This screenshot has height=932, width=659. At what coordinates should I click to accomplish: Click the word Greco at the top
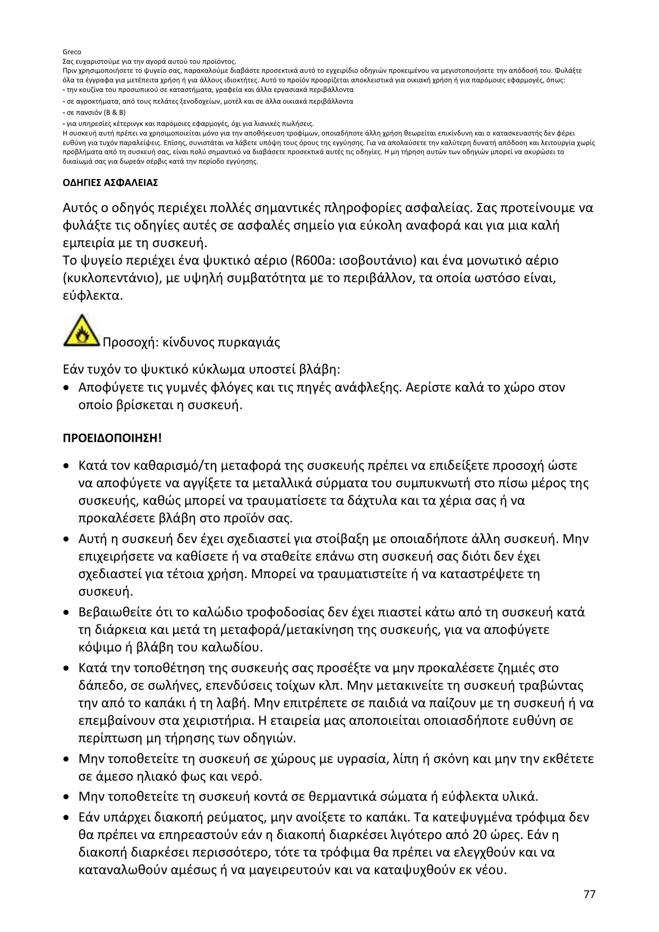[72, 52]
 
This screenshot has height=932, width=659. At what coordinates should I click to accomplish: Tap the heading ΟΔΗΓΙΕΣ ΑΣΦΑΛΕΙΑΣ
[110, 183]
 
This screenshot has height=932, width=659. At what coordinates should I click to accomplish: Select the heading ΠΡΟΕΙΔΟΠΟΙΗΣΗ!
[112, 438]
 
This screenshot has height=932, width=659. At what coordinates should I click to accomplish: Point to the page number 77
[589, 894]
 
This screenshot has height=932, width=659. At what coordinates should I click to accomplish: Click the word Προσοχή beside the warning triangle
[127, 342]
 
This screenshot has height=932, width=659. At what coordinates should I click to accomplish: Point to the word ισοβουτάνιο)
[372, 260]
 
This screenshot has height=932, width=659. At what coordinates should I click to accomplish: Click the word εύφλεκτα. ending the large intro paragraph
[93, 295]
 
